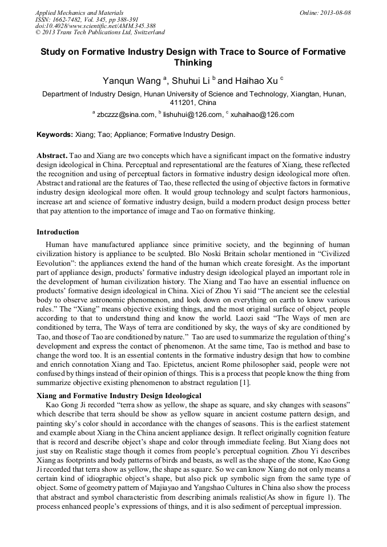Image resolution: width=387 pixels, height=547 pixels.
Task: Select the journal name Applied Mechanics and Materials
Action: pos(79,13)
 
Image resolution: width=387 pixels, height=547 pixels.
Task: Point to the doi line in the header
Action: pos(95,26)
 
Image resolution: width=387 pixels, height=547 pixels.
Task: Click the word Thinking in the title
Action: pos(193,63)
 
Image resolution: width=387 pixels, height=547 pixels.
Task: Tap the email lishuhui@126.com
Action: pos(193,114)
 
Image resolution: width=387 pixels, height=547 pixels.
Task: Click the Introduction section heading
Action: pos(58,232)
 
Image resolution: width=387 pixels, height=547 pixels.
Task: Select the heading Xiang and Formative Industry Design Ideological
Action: pos(119,395)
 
